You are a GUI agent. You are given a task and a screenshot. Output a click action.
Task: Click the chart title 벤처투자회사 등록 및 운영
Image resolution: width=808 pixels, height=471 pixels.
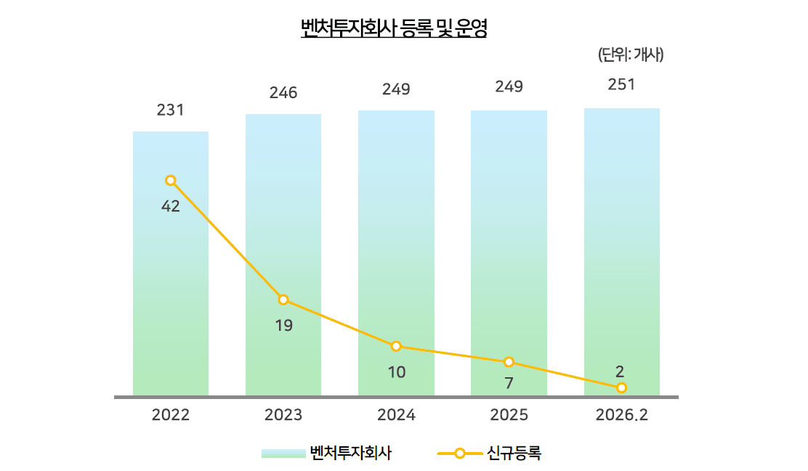pos(394,28)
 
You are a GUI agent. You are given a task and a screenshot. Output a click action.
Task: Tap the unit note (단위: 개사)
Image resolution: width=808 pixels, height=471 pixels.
pos(630,55)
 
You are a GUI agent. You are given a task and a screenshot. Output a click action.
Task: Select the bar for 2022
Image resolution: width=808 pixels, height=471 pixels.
pos(171,291)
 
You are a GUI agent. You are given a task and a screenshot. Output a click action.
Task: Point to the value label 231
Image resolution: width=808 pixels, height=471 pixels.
pos(171,110)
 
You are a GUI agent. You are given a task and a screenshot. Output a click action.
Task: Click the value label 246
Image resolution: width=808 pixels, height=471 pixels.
pos(283,93)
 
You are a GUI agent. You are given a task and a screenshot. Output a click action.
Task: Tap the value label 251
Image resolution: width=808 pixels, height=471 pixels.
pos(622,84)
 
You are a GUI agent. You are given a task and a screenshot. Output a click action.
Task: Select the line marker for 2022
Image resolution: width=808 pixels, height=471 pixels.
pos(171,180)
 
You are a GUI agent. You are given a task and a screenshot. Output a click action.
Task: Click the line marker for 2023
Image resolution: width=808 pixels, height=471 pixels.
pos(283,299)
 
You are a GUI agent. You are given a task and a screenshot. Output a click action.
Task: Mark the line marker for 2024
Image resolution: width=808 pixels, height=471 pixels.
pos(396,346)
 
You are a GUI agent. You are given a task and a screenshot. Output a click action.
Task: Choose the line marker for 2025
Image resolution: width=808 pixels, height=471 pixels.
pos(509,362)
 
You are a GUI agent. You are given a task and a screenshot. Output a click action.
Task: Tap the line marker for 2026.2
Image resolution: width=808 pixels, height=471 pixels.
pos(622,388)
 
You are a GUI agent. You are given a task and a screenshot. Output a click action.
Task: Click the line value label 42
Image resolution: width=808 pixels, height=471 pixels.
pos(171,206)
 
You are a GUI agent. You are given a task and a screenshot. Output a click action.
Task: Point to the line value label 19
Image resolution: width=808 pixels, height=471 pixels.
pos(283,326)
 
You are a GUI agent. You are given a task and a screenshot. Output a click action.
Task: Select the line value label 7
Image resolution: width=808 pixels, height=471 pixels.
pos(509,383)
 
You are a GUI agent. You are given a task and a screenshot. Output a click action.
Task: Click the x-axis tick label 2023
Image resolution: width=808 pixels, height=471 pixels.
pos(283,415)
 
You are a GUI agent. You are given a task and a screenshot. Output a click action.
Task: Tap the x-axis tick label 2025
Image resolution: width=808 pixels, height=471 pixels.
pos(509,415)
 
